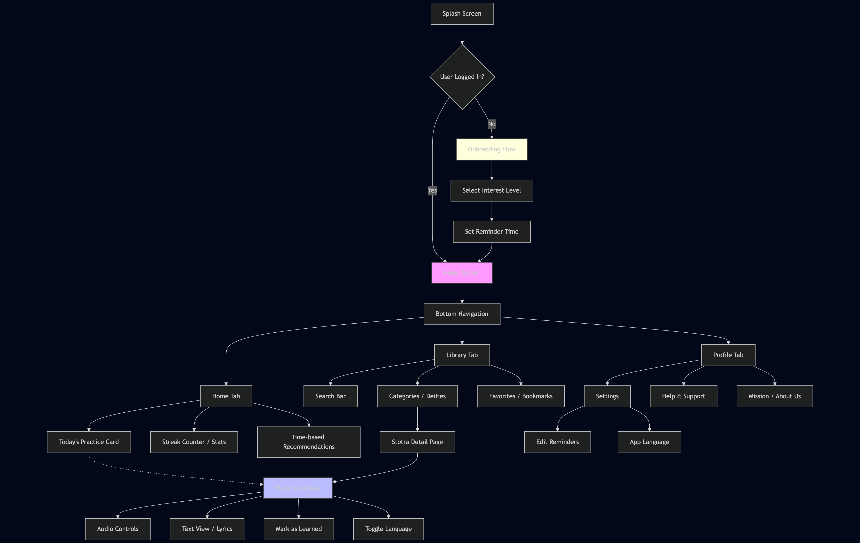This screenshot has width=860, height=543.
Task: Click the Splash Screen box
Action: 462,14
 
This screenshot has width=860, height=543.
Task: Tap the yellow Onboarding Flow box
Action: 492,149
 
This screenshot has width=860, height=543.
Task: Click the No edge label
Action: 492,124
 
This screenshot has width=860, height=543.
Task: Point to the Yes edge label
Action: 432,190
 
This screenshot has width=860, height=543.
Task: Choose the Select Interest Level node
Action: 492,190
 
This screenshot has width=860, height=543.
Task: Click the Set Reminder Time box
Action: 492,231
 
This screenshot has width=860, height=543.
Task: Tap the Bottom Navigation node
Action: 462,314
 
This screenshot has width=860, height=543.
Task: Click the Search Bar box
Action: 330,396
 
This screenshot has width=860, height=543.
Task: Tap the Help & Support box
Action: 683,396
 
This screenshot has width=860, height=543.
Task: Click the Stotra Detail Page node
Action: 417,442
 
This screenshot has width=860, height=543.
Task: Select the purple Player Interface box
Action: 298,488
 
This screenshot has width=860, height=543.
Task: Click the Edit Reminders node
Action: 557,442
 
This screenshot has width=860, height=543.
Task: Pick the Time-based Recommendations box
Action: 309,442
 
